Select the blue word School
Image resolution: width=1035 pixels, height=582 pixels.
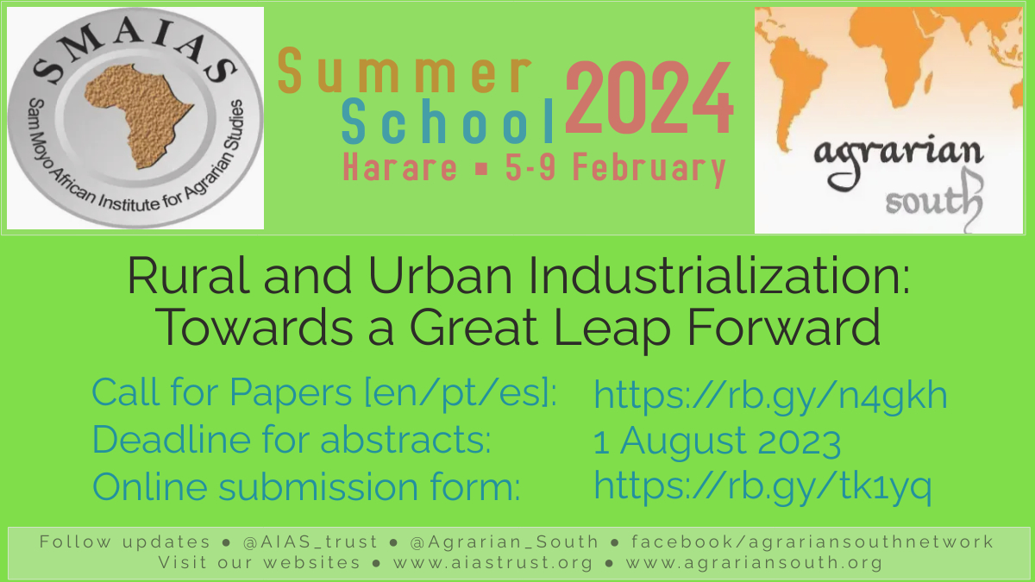click(447, 123)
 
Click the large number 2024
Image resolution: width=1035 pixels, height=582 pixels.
click(649, 100)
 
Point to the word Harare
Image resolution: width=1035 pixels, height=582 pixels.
click(399, 168)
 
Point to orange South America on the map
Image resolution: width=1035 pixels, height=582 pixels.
click(794, 95)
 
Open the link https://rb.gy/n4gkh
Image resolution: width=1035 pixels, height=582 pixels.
click(770, 396)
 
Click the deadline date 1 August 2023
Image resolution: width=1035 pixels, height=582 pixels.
click(716, 442)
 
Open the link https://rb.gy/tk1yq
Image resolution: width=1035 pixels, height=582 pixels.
click(762, 486)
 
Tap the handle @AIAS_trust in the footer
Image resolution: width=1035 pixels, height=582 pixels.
click(310, 542)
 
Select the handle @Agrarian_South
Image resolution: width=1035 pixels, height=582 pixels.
click(505, 542)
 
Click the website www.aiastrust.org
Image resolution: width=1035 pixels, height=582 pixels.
click(493, 563)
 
